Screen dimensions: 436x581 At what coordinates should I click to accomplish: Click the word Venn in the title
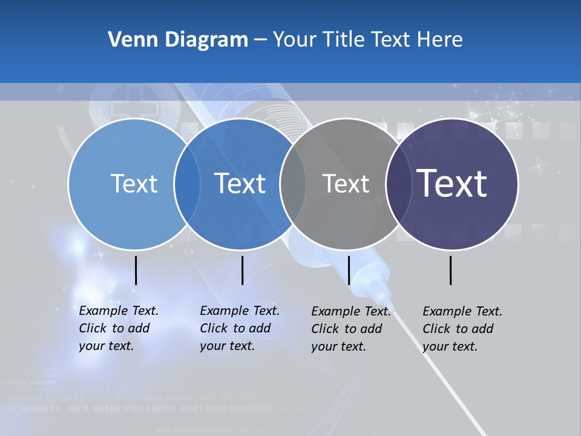point(128,40)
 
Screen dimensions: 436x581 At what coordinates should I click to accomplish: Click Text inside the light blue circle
point(134,183)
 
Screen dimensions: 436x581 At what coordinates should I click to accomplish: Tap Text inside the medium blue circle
point(240,183)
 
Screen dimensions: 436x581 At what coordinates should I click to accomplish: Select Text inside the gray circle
point(346,183)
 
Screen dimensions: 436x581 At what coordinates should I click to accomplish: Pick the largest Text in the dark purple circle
point(452,183)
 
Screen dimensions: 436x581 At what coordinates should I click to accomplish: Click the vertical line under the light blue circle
point(136,270)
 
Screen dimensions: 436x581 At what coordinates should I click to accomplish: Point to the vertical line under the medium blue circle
point(242,270)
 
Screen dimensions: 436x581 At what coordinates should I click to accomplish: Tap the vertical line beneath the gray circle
point(349,270)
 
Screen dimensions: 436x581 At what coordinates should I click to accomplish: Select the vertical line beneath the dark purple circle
point(451,270)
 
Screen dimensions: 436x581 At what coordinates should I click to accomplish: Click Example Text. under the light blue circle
point(119,311)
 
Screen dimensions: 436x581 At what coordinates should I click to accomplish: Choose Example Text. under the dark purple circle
point(462,311)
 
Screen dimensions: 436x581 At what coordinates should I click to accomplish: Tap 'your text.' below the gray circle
point(338,346)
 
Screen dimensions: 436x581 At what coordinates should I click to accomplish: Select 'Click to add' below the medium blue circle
point(235,328)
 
